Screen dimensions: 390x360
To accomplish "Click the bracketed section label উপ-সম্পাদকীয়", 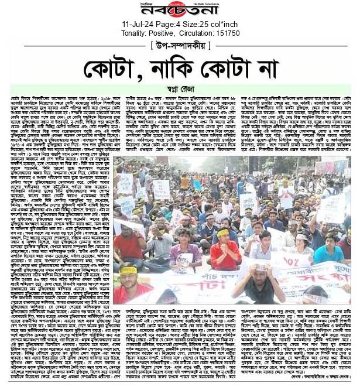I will [x=180, y=45].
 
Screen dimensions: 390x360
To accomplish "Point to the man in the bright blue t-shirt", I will [x=328, y=249].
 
